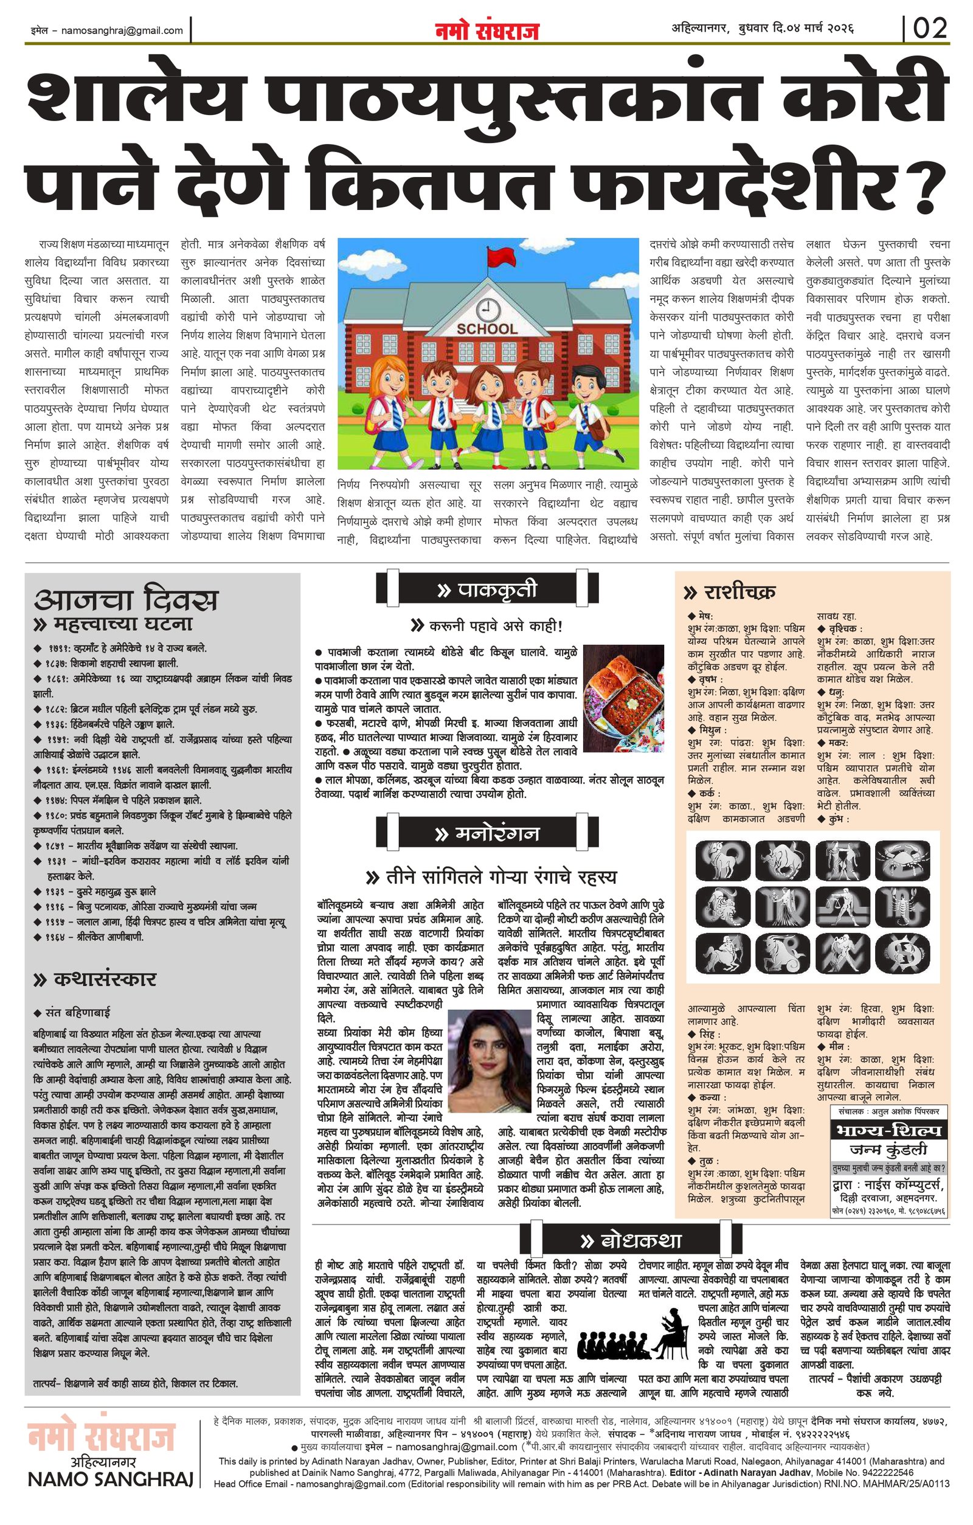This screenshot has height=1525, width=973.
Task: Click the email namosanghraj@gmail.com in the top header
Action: tap(122, 30)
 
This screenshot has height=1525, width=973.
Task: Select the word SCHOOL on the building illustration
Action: tap(487, 328)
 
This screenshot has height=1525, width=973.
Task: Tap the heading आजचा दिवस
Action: tap(126, 599)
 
